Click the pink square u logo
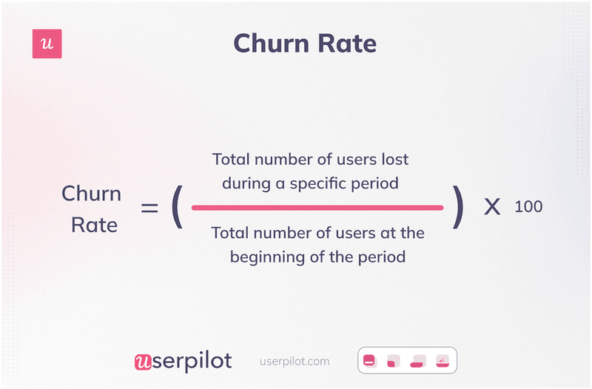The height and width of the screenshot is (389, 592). point(47,44)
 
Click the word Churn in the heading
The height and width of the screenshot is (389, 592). point(272,43)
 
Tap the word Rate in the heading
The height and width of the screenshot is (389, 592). point(347,43)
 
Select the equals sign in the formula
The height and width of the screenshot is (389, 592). point(149,208)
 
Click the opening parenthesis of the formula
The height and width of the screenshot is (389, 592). point(177,207)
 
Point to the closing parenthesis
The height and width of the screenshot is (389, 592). point(458,207)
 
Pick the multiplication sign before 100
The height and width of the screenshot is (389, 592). point(492,207)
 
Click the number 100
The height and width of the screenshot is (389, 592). point(528,207)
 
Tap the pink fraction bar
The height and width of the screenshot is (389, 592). point(317,208)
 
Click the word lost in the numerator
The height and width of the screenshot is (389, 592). point(395,160)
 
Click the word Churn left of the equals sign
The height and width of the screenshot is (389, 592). point(91,194)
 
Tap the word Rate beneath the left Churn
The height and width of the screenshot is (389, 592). point(95,226)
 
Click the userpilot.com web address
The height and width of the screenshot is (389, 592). point(295,362)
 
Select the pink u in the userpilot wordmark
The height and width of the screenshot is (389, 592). point(143,362)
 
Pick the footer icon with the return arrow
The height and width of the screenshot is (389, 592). point(443,361)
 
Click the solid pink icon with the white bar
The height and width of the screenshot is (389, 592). point(369,361)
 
